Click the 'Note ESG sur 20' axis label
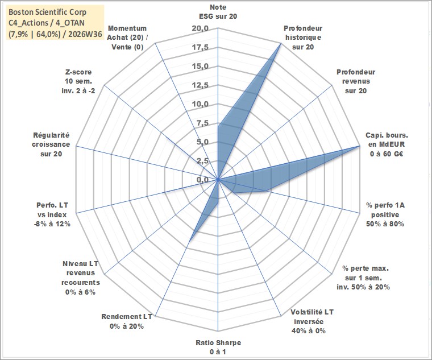[x=218, y=11]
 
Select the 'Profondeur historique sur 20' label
[x=303, y=38]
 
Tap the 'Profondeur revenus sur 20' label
[x=356, y=81]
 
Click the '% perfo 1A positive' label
[x=385, y=214]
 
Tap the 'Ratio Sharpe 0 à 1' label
[x=218, y=347]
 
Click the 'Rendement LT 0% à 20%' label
[x=127, y=321]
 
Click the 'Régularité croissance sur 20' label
[x=51, y=144]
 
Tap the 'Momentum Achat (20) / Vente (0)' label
[x=127, y=38]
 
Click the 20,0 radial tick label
[x=200, y=28]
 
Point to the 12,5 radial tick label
[x=200, y=85]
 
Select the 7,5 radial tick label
[x=202, y=123]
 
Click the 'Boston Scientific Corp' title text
[x=47, y=12]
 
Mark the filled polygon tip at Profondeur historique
[x=281, y=43]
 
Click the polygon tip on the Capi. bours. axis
[x=360, y=146]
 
